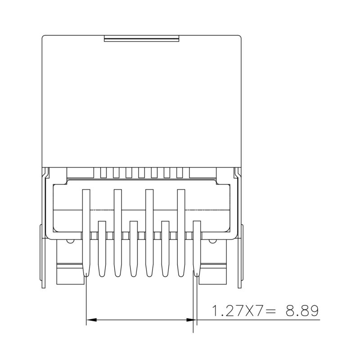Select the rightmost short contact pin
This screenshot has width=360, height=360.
(x=197, y=247)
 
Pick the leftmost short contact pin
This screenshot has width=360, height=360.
(x=102, y=247)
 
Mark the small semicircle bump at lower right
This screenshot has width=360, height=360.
(x=211, y=242)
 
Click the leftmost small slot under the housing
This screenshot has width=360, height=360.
(x=103, y=172)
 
